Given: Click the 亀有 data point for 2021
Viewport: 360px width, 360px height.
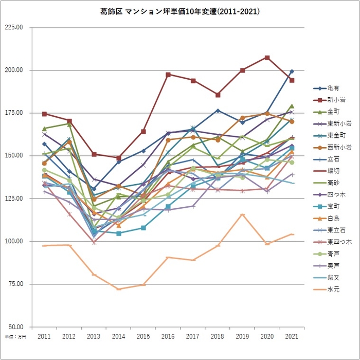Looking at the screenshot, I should point(292,71).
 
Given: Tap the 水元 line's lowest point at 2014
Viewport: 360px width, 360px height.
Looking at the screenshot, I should point(119,289).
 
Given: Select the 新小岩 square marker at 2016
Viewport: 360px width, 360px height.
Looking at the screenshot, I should point(168,75).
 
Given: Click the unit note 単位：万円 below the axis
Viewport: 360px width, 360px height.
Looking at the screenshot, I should point(15,337).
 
